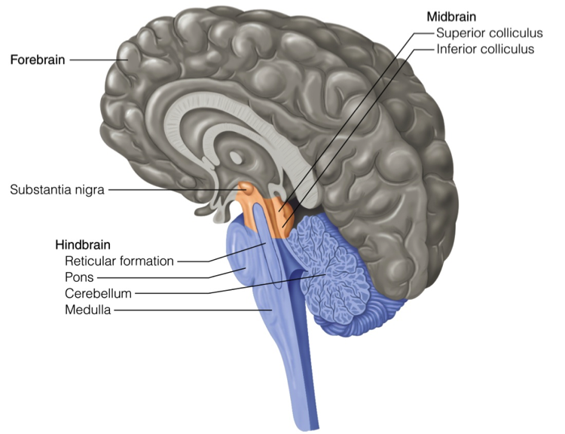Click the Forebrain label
(x=38, y=58)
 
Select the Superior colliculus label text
(x=489, y=33)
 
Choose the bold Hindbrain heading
(x=83, y=245)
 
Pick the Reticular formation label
(x=119, y=261)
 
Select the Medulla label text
(x=87, y=309)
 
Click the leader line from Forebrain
(x=95, y=58)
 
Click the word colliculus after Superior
(x=516, y=33)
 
